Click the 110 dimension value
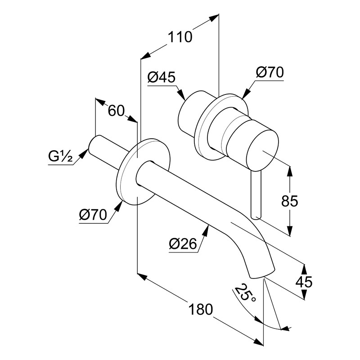click(x=180, y=36)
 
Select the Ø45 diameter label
click(x=161, y=77)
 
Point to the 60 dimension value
click(x=116, y=110)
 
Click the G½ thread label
click(x=60, y=157)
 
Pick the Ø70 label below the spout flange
click(x=93, y=216)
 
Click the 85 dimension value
click(x=288, y=201)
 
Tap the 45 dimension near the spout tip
click(x=304, y=282)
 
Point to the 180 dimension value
click(x=200, y=310)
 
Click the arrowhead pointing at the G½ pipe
click(x=84, y=154)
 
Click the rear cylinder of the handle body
click(x=189, y=115)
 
